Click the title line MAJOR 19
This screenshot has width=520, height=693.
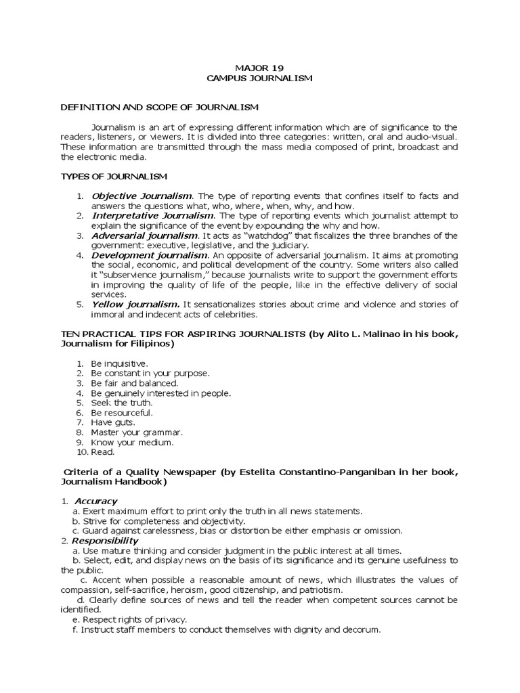(259, 68)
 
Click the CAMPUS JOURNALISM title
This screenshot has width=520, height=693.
(259, 79)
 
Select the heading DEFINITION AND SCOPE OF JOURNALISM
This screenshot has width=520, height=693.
(160, 108)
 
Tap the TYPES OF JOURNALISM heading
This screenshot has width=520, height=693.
(114, 177)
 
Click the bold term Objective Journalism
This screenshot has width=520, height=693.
(142, 196)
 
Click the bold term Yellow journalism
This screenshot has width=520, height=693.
(135, 305)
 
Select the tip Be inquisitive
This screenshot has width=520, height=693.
(119, 363)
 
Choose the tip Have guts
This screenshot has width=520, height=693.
(113, 422)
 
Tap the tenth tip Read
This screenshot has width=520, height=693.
(103, 451)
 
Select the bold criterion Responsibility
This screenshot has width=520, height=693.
(104, 541)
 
